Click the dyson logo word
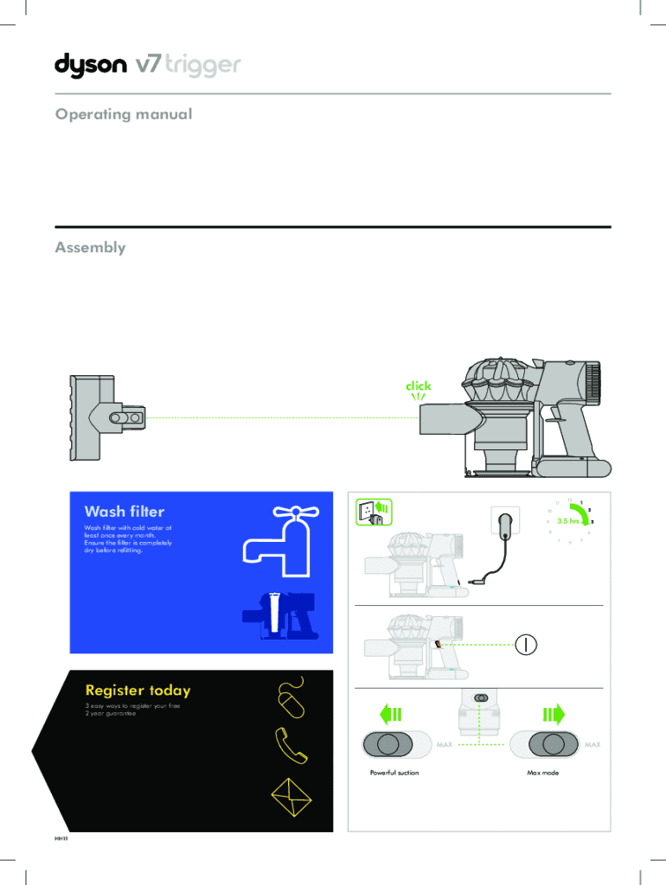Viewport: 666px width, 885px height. [x=91, y=66]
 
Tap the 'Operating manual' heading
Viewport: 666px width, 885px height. [x=123, y=114]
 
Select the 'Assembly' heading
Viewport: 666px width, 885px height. [x=90, y=248]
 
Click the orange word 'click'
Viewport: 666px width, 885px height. [x=419, y=385]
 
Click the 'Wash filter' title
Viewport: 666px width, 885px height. [x=124, y=512]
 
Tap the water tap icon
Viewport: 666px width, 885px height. [x=274, y=538]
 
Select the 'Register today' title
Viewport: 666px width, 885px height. [x=138, y=691]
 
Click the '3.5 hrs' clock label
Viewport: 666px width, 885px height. [x=568, y=521]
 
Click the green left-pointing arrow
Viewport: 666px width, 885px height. [x=391, y=715]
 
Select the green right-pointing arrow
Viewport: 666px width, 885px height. [x=553, y=715]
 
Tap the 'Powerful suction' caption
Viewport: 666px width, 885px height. [x=394, y=773]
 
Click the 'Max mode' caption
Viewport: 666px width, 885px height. [x=542, y=773]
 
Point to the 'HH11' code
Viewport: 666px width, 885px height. [x=61, y=839]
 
